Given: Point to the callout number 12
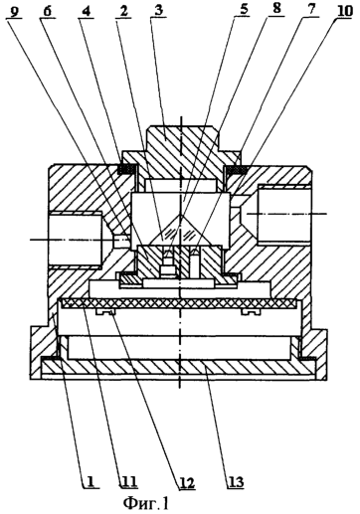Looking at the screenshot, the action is pos(187,481).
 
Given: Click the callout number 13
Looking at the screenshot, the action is pos(236,481).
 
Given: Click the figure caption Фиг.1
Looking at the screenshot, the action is pos(146,503).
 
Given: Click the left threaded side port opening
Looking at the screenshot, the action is pos(75,239).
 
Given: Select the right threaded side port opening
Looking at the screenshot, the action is pos(284,215).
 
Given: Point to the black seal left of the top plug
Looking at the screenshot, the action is pos(126,169).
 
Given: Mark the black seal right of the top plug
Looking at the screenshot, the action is pos(237,169).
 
